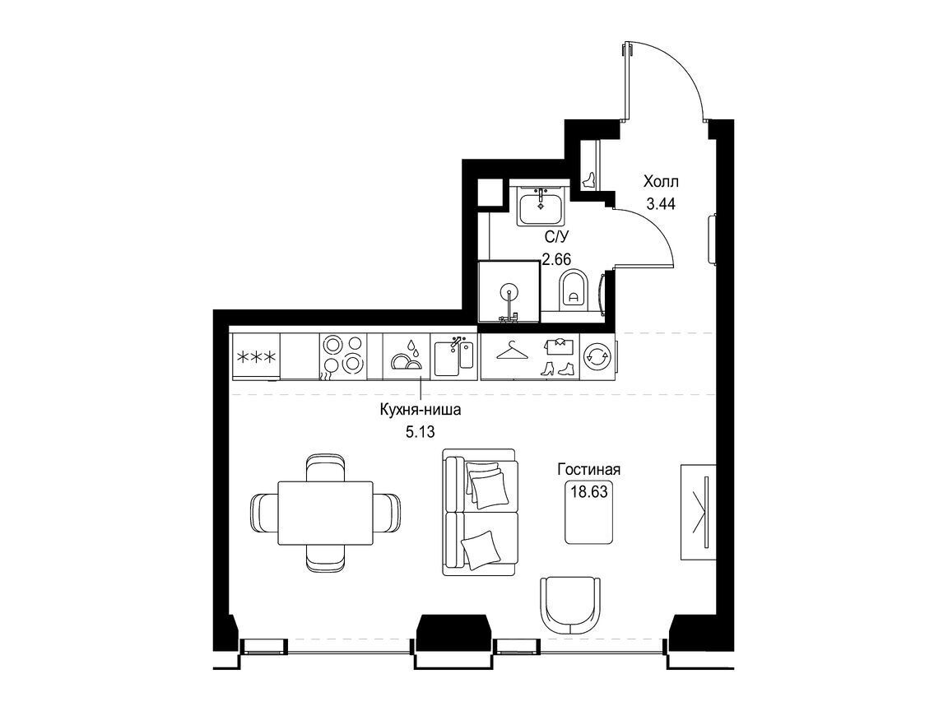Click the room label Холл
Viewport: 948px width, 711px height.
(x=661, y=181)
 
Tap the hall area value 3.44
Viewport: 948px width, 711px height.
(x=661, y=204)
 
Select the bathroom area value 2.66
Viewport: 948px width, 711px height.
(x=556, y=260)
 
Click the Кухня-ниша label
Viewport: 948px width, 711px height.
(x=421, y=410)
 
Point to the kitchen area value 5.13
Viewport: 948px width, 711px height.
(x=421, y=432)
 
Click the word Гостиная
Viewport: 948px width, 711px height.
(x=589, y=470)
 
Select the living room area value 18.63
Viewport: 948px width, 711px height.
(x=589, y=490)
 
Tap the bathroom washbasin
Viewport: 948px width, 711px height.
(x=541, y=206)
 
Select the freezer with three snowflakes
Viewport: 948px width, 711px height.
(x=255, y=356)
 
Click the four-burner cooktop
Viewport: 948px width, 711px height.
(x=343, y=356)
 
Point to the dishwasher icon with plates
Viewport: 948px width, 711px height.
(x=407, y=356)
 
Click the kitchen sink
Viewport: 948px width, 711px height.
(x=454, y=356)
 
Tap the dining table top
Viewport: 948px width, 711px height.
(x=325, y=513)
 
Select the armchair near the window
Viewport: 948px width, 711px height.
(x=571, y=605)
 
